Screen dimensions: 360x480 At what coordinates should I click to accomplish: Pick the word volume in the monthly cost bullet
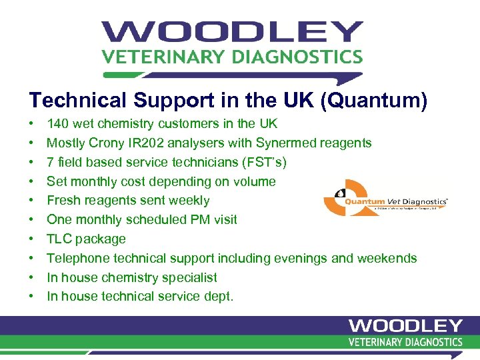255,181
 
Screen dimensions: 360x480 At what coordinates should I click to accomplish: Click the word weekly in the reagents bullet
189,201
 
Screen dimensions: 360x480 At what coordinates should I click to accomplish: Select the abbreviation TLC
59,239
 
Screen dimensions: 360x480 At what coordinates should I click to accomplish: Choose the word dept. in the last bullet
219,297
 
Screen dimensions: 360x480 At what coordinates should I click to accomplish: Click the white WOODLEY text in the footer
405,326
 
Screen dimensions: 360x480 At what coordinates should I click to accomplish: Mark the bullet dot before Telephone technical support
31,259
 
